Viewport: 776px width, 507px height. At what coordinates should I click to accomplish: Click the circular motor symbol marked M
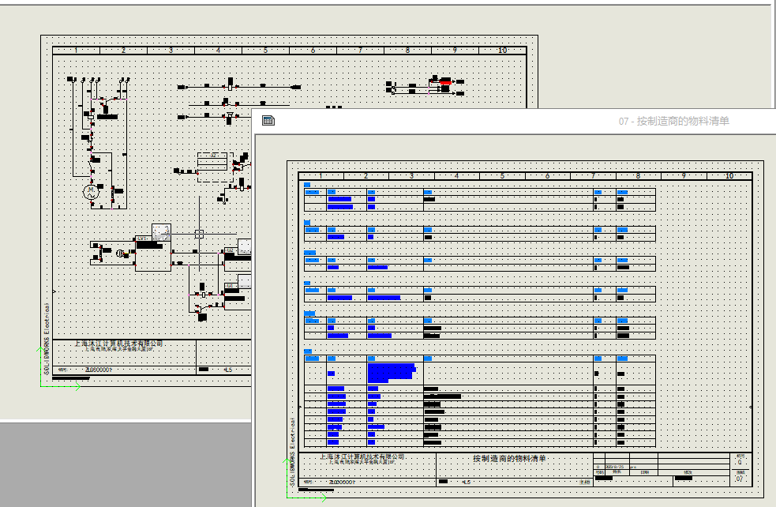[x=90, y=190]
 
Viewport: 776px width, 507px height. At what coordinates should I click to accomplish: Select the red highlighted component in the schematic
[x=445, y=81]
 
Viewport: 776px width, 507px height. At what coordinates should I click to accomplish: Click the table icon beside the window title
[x=268, y=121]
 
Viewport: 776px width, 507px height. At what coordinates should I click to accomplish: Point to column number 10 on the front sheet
[x=729, y=175]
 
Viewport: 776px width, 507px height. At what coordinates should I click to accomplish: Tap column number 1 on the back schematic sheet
[x=77, y=51]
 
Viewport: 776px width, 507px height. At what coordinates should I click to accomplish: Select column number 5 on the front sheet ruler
[x=502, y=175]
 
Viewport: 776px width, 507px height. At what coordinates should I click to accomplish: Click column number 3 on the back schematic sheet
[x=171, y=51]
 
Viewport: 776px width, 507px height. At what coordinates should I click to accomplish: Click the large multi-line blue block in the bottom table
[x=391, y=370]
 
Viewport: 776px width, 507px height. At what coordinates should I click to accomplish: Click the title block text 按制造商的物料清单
[x=509, y=458]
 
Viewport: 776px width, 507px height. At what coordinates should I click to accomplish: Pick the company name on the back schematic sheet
[x=118, y=344]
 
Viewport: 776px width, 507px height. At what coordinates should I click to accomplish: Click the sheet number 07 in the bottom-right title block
[x=739, y=479]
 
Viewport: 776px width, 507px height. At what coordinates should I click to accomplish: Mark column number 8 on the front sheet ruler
[x=638, y=175]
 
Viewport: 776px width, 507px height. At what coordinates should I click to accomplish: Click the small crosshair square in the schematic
[x=199, y=234]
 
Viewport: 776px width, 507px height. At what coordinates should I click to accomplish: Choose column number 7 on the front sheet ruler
[x=593, y=175]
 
